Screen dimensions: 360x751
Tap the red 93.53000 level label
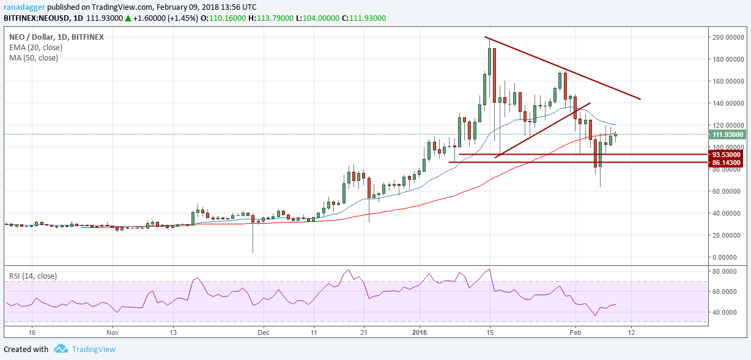tap(726, 155)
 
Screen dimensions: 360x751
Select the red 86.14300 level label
tap(726, 163)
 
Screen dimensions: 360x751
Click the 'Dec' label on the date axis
tap(264, 332)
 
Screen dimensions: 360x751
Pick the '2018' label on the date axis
tap(420, 332)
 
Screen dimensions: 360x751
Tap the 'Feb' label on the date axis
tap(575, 332)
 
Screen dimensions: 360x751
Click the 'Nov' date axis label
tap(112, 332)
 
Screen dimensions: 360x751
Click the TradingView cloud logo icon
tap(61, 349)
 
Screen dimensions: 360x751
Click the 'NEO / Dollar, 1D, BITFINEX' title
tap(54, 37)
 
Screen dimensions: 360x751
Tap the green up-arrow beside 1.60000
tap(128, 18)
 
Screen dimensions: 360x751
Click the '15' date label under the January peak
tap(489, 332)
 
